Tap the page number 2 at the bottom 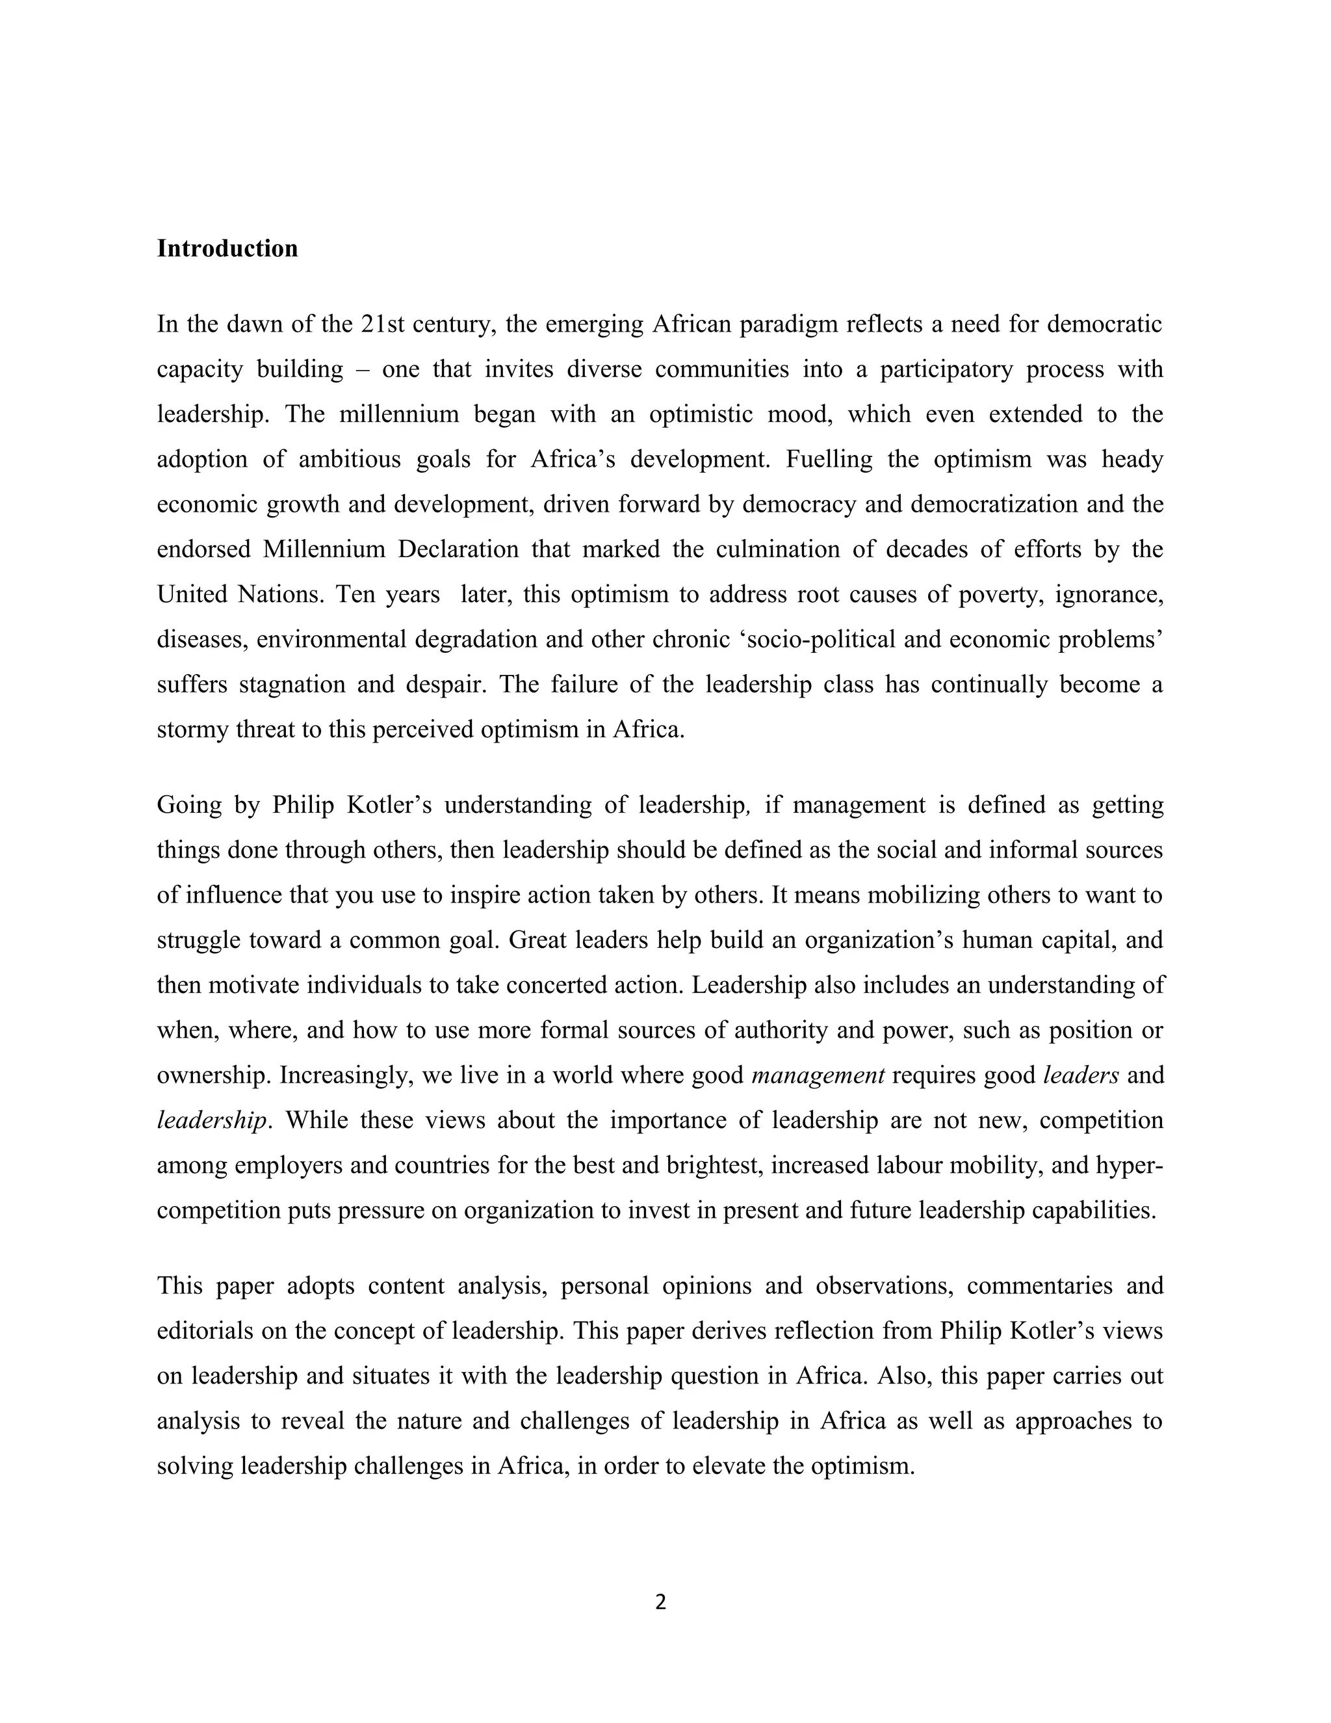coord(661,1601)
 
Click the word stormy coord(192,730)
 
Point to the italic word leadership coord(211,1121)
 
